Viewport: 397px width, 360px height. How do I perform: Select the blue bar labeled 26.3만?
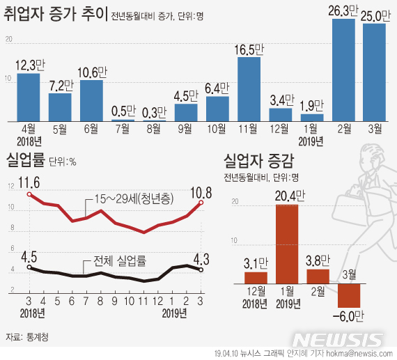[x=345, y=70]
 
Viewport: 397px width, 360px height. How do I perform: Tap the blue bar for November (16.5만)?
[x=249, y=88]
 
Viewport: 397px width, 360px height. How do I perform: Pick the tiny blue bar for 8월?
[x=155, y=121]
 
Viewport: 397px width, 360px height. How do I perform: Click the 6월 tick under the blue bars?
[x=91, y=130]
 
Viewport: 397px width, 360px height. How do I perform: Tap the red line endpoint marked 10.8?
[x=201, y=202]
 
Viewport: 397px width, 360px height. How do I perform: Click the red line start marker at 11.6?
[x=29, y=194]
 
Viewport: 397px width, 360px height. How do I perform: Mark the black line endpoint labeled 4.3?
[x=201, y=270]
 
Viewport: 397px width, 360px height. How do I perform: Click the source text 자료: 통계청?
[x=29, y=336]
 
